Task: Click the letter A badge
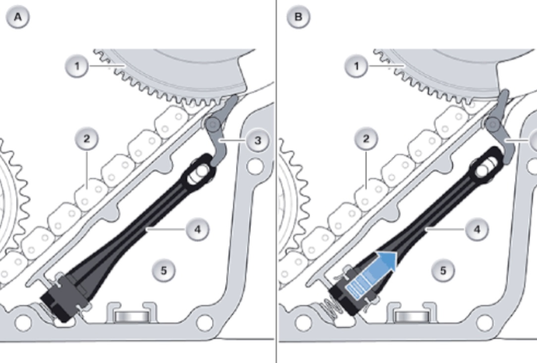coord(18,17)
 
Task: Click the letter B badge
coord(298,17)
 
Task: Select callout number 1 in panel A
coord(77,66)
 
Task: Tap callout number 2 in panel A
coord(87,139)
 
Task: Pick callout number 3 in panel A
coord(258,140)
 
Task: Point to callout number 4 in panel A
coord(198,229)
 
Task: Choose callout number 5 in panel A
coord(163,270)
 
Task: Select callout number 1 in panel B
coord(356,66)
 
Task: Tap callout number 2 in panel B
coord(366,139)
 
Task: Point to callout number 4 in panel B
coord(477,229)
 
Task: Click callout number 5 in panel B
coord(443,270)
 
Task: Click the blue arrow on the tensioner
coord(371,274)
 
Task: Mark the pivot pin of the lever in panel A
coord(213,124)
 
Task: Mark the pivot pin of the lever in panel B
coord(493,124)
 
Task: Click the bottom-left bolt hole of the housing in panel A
coord(23,322)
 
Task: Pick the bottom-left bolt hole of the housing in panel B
coord(304,322)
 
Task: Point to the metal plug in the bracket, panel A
coord(132,316)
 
